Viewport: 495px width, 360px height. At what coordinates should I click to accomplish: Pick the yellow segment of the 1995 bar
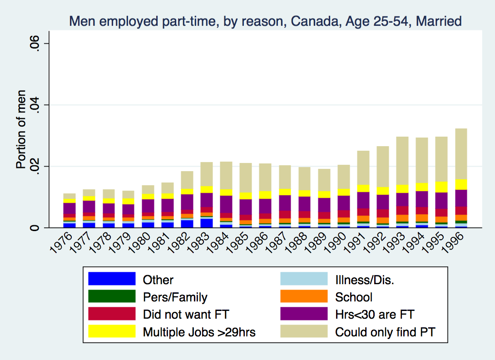coord(441,187)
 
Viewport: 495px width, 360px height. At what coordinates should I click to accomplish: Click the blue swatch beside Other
coord(112,279)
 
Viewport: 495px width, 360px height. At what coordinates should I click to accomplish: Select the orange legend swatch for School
coord(304,297)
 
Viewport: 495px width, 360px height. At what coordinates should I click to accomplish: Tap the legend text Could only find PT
coord(385,332)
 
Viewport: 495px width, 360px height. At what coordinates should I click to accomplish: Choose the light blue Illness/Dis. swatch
coord(304,279)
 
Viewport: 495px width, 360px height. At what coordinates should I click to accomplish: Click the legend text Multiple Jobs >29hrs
coord(199,332)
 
